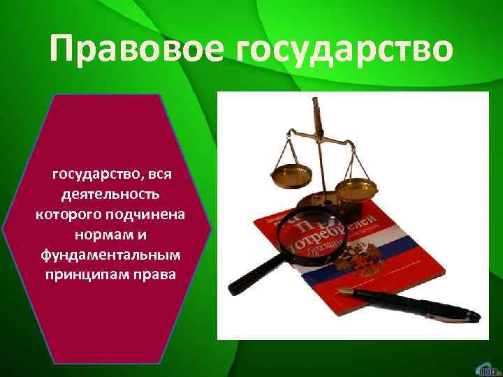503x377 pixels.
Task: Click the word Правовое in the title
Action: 131,51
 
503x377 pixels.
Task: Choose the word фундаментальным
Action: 111,252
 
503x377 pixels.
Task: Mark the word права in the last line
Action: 158,272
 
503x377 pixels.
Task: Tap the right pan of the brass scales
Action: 356,187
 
